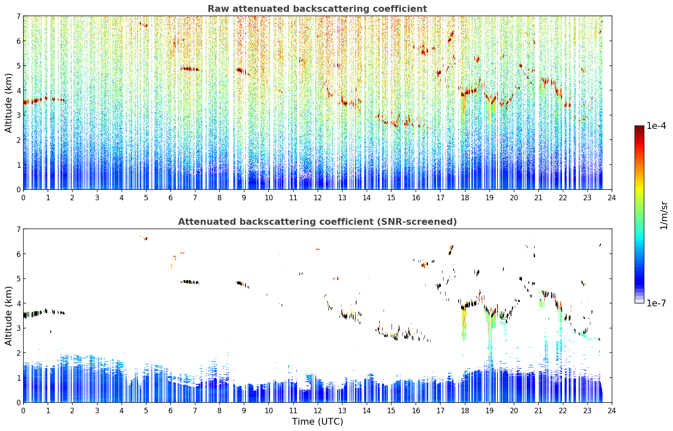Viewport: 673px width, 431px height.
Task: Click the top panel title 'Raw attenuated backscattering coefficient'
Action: tap(317, 9)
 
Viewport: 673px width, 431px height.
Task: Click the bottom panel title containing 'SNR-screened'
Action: tap(317, 222)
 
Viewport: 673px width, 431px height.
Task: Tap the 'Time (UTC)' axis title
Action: tap(317, 421)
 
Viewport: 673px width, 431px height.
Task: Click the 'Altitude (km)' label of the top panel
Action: tap(8, 103)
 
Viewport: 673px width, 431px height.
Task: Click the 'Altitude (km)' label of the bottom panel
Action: tap(8, 316)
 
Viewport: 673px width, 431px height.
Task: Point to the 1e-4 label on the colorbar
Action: tap(656, 126)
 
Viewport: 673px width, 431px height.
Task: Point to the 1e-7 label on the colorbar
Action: tap(656, 303)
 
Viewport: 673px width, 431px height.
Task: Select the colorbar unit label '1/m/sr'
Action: tap(664, 215)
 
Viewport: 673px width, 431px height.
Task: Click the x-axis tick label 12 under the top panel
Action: tap(318, 198)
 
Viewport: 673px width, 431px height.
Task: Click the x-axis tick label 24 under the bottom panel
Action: tap(612, 411)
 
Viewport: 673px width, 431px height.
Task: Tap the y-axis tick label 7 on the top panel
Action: tap(18, 16)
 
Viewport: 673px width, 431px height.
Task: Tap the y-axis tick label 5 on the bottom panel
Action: tap(18, 279)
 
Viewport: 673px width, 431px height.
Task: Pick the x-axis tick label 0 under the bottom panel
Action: tap(24, 411)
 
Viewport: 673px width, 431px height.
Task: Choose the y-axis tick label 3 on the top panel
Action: tap(18, 115)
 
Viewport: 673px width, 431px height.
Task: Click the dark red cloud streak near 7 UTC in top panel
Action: tap(190, 69)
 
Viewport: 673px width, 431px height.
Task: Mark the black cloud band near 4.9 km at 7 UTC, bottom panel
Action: tap(190, 282)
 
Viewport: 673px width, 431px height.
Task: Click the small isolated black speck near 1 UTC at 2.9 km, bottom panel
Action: tap(51, 331)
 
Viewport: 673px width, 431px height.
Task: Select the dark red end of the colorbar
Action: tap(639, 128)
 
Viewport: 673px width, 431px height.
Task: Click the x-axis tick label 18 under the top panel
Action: tap(465, 198)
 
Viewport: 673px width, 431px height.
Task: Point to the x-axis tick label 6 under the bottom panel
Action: tap(170, 411)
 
